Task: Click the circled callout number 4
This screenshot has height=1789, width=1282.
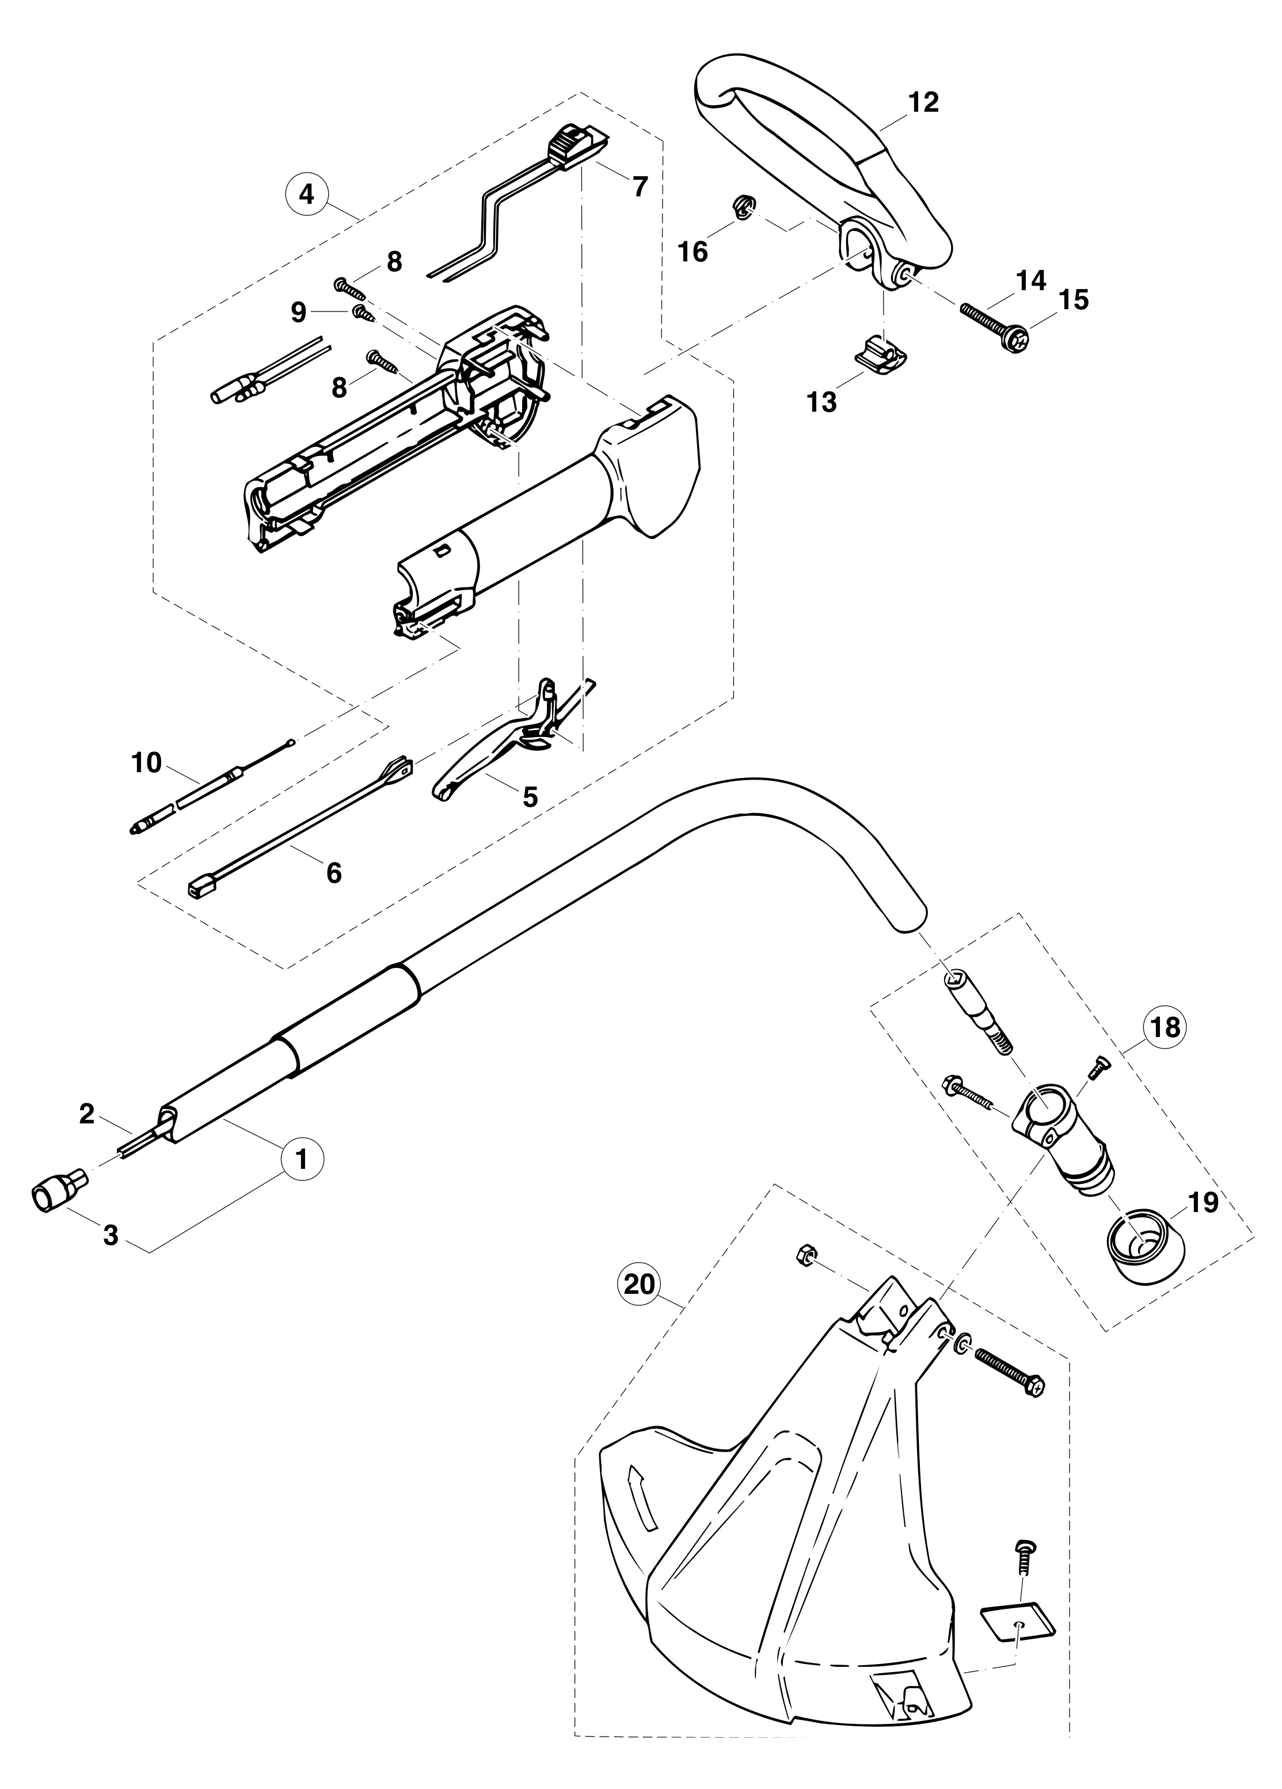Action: [307, 194]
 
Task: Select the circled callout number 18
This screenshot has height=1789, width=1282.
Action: [1165, 1027]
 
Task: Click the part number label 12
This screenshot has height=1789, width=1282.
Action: [923, 102]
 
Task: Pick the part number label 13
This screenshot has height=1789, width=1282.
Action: [821, 402]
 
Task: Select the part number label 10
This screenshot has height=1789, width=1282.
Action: [147, 763]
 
